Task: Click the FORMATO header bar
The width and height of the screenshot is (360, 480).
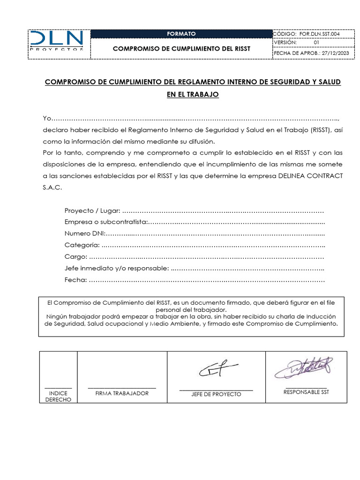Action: tap(181, 34)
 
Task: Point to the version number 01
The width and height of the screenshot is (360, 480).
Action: tap(316, 43)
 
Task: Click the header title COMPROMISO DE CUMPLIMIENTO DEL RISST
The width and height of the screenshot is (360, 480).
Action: tap(182, 49)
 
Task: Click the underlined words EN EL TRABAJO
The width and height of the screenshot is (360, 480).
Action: tap(193, 94)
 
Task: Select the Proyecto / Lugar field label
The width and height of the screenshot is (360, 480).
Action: tap(92, 210)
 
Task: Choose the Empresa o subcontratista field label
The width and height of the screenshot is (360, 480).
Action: tap(106, 222)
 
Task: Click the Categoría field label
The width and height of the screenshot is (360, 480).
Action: tap(82, 245)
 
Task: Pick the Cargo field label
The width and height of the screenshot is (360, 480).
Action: tap(75, 257)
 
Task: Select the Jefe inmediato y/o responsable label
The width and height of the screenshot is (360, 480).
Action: tap(117, 269)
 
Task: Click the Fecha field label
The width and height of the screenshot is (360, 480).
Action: tap(75, 280)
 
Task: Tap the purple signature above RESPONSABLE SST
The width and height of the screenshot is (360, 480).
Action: tap(304, 368)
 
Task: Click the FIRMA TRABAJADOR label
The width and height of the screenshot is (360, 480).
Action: tap(122, 393)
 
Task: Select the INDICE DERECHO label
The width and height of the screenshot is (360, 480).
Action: tap(58, 397)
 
